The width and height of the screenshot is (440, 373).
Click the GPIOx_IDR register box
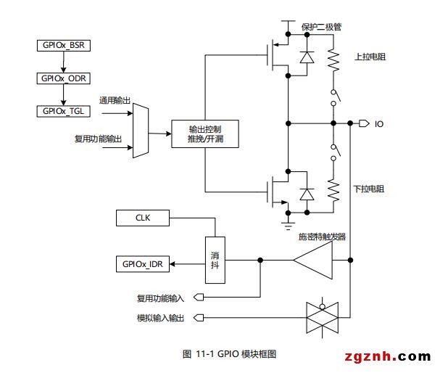pyautogui.click(x=143, y=264)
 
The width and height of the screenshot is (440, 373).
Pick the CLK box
pyautogui.click(x=143, y=217)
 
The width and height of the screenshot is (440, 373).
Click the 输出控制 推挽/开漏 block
pyautogui.click(x=204, y=134)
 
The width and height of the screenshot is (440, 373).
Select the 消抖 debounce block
pyautogui.click(x=215, y=261)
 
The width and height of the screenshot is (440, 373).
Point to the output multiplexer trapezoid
pyautogui.click(x=141, y=131)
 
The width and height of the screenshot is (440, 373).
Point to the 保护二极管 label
pyautogui.click(x=321, y=27)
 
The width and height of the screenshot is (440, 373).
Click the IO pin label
pyautogui.click(x=379, y=124)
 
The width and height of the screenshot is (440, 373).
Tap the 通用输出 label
pyautogui.click(x=115, y=100)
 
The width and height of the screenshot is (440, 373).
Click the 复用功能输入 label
pyautogui.click(x=160, y=298)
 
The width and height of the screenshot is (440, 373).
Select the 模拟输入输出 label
pyautogui.click(x=160, y=318)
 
